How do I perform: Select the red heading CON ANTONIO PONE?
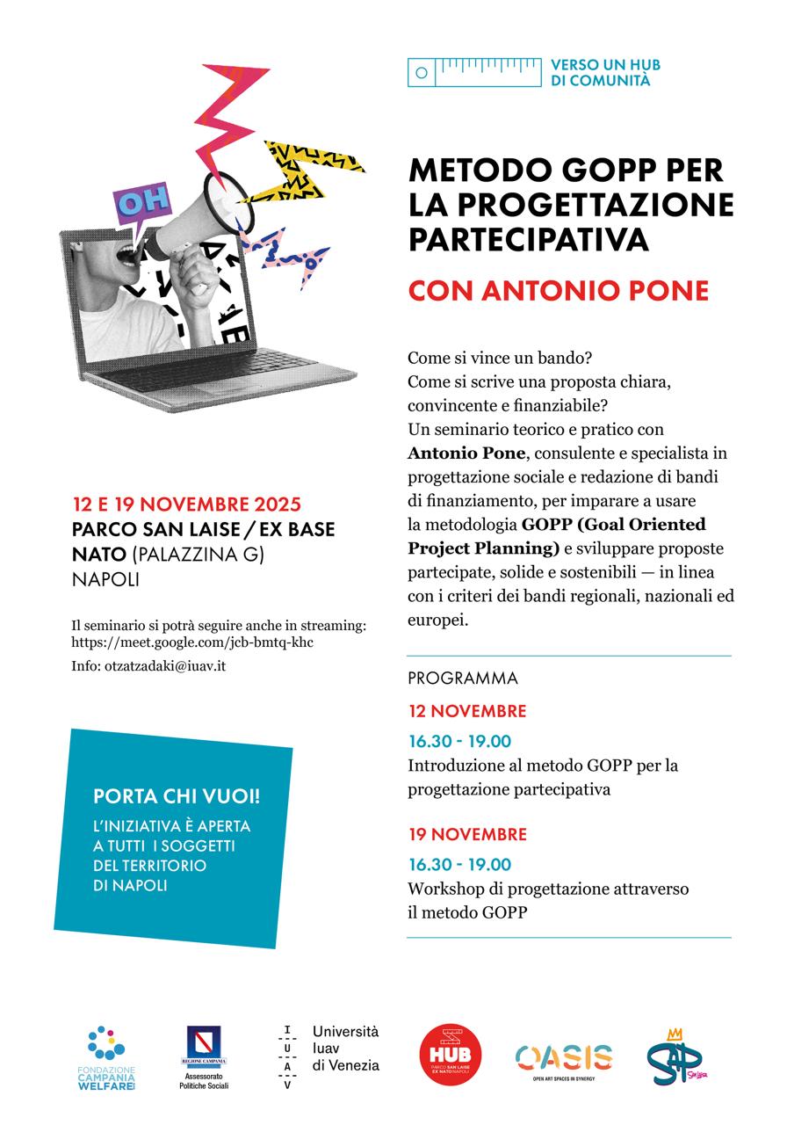(x=558, y=291)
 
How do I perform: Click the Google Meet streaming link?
(x=192, y=642)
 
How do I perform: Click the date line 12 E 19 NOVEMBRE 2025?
(x=187, y=504)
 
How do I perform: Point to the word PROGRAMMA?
(x=463, y=679)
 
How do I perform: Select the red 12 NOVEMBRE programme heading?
(x=467, y=711)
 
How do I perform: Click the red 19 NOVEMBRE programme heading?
(x=467, y=834)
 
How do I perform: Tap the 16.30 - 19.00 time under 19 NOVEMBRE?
(x=459, y=864)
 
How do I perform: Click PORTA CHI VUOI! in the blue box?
(x=177, y=796)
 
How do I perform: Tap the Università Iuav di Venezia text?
(x=345, y=1049)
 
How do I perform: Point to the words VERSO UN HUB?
(x=604, y=65)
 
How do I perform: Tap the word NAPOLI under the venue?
(x=105, y=581)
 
